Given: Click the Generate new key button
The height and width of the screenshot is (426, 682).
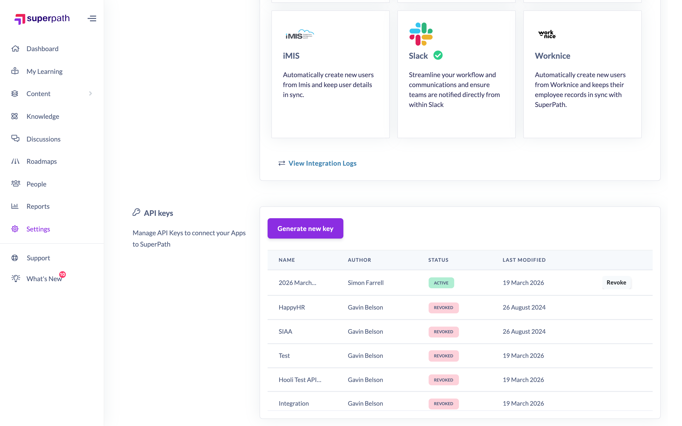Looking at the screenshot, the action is (305, 228).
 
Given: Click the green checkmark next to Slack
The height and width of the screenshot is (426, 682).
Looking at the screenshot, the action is (438, 55).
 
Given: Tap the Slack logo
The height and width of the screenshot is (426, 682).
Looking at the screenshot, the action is (421, 34).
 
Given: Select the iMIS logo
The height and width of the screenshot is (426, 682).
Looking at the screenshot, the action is (300, 34).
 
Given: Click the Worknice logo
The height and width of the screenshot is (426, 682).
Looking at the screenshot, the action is (547, 34).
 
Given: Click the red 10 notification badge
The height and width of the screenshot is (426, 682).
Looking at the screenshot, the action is (62, 274).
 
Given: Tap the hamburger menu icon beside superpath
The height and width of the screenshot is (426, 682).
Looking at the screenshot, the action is (92, 19).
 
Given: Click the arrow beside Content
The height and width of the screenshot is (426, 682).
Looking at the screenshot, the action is (90, 93).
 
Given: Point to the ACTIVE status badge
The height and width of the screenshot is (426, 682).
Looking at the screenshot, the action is (441, 283).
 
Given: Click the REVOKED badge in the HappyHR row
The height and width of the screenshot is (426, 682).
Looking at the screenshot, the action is (444, 307).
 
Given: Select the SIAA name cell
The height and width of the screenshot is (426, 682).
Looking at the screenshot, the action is (285, 331).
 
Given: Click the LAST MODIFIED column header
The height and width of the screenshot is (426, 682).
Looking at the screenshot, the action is (524, 260).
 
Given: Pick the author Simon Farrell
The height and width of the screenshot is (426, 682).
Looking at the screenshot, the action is (366, 283).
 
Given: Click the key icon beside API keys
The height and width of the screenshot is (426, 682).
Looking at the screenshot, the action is (136, 212).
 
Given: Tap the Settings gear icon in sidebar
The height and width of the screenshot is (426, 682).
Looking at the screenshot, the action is (15, 229).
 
